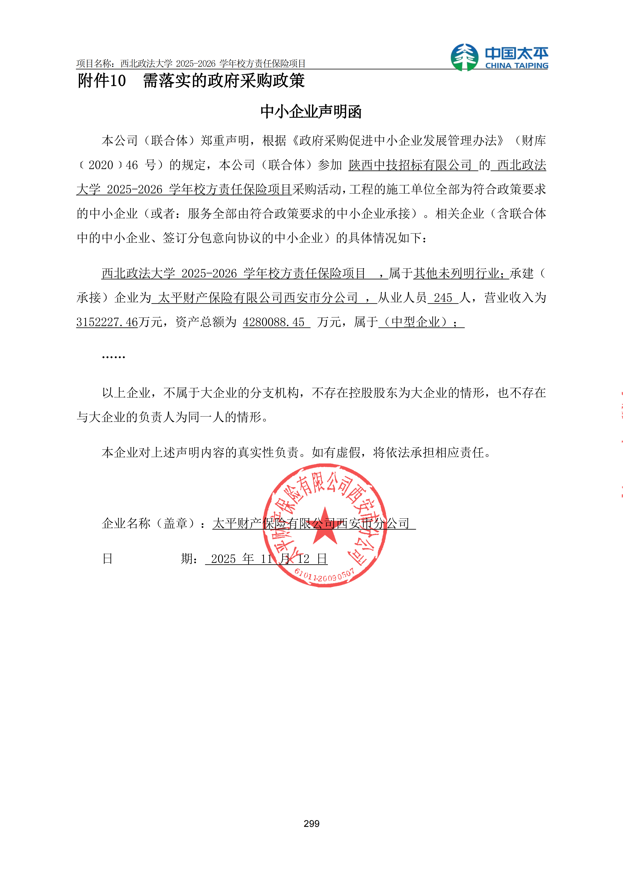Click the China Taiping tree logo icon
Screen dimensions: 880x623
(x=464, y=57)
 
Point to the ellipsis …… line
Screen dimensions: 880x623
(x=114, y=357)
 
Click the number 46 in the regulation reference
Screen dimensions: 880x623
(x=132, y=165)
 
